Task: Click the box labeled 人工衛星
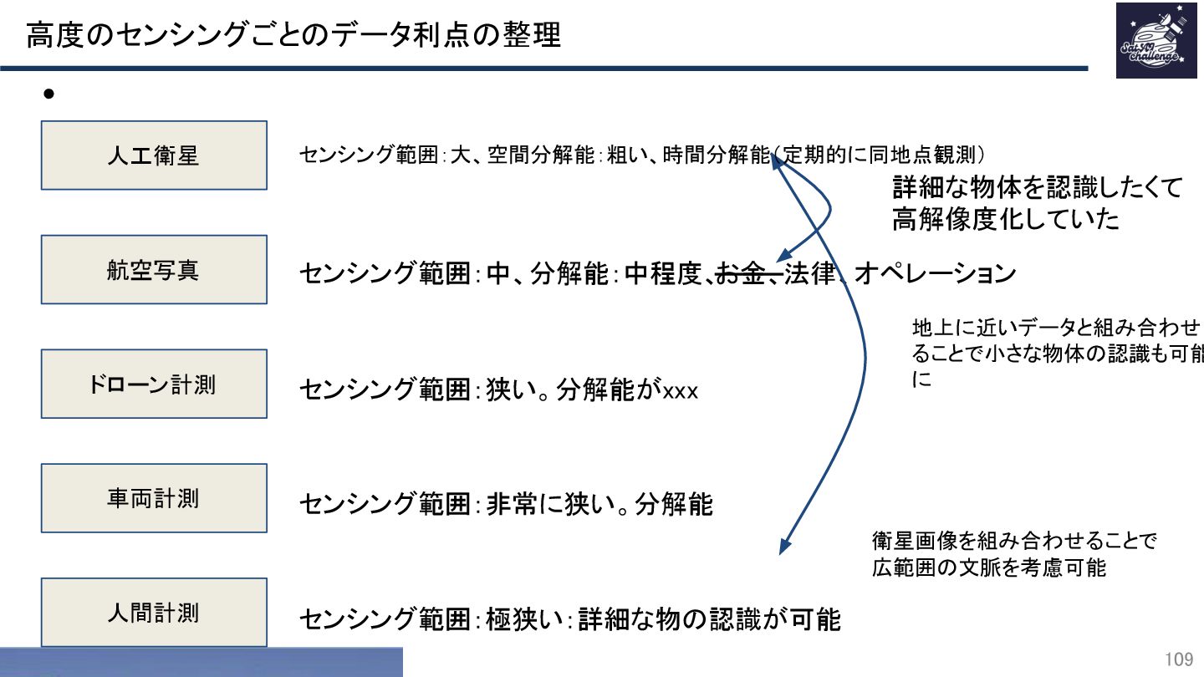[154, 155]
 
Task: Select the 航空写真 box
[154, 270]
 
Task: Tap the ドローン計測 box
[154, 384]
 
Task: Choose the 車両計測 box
[154, 499]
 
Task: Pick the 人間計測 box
[154, 613]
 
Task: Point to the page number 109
[1179, 659]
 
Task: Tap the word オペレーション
[935, 274]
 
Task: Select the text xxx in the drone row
[680, 390]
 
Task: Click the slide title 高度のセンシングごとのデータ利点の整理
[293, 36]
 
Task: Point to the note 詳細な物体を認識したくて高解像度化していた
[1037, 203]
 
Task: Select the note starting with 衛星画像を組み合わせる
[1013, 554]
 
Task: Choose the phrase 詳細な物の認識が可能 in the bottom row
[709, 619]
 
